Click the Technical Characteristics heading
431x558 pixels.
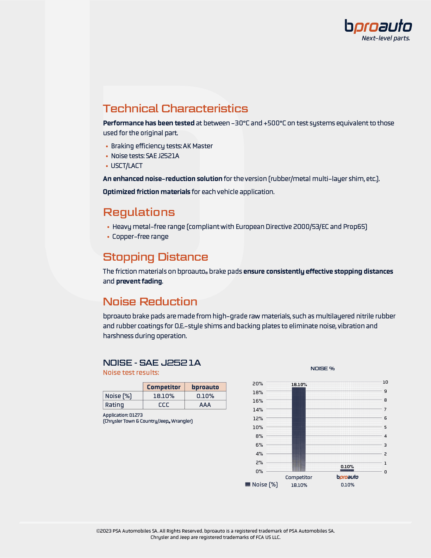[x=175, y=108]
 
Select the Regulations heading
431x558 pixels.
[x=139, y=212]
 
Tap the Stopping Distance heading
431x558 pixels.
[x=155, y=257]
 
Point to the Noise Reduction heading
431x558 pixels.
[x=150, y=302]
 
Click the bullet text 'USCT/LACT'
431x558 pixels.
[x=127, y=166]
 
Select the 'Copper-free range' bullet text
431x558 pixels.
[x=140, y=236]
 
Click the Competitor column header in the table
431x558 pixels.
[x=164, y=387]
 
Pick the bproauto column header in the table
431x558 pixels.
[x=205, y=387]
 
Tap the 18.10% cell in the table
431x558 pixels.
[x=164, y=396]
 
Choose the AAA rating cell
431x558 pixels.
[x=205, y=405]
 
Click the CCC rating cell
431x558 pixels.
[x=164, y=405]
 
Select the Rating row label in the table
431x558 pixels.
[x=115, y=405]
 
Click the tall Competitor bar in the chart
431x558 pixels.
[x=299, y=430]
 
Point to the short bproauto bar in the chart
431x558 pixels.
[x=347, y=470]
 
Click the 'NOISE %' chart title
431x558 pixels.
[x=323, y=368]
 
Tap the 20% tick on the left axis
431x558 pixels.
[x=258, y=383]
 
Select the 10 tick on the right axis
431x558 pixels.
[x=385, y=382]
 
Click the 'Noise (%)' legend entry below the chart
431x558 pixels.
[x=262, y=484]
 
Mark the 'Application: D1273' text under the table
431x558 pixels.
[x=123, y=415]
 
